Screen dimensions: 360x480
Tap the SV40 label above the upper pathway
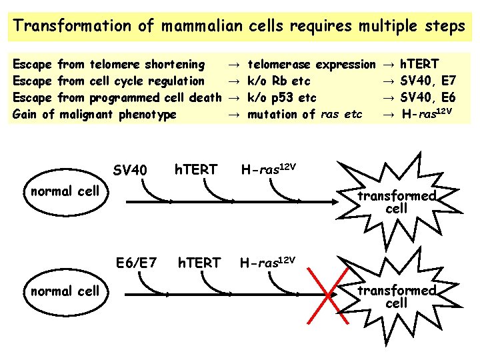(130, 171)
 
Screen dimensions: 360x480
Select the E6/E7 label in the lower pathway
(136, 263)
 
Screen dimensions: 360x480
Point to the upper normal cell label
(65, 191)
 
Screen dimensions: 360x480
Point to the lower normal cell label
(65, 291)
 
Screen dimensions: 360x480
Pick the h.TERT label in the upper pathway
(195, 171)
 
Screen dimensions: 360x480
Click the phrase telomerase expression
(311, 65)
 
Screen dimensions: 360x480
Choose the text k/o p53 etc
(282, 98)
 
